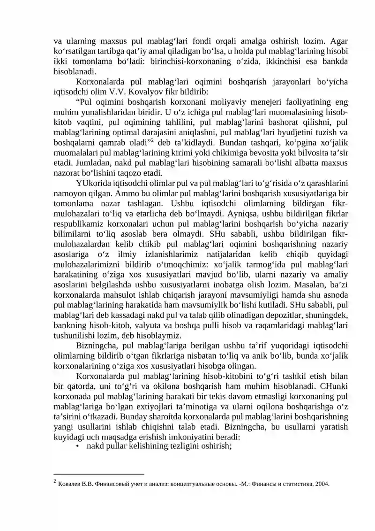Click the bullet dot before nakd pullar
pyautogui.click(x=77, y=446)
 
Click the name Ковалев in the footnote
pyautogui.click(x=71, y=483)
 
